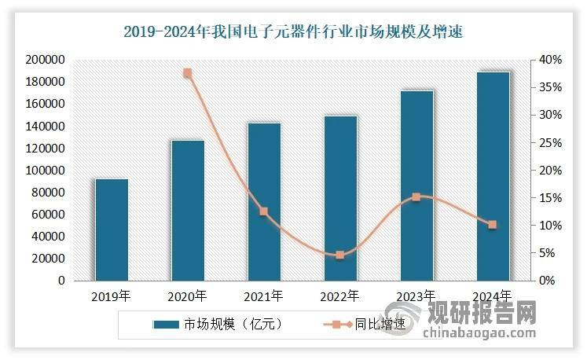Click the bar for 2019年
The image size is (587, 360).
112,230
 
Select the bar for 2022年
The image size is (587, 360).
340,198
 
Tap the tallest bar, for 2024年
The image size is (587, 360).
493,176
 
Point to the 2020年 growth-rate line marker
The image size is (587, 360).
188,73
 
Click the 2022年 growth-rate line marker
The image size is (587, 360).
340,255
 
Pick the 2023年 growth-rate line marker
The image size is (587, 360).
416,197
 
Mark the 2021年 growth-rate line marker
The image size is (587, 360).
264,211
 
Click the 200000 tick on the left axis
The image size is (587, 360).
46,60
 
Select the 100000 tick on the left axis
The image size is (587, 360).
46,170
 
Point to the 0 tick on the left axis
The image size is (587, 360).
61,281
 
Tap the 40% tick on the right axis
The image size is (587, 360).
550,60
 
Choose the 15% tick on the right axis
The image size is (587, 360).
550,198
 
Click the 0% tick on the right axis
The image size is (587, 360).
547,281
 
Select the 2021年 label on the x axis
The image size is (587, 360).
263,296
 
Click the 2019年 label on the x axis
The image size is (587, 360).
111,296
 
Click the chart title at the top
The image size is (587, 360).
294,32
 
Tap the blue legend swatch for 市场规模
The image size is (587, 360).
166,325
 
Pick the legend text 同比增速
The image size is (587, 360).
380,324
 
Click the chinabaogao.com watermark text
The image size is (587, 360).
479,332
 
